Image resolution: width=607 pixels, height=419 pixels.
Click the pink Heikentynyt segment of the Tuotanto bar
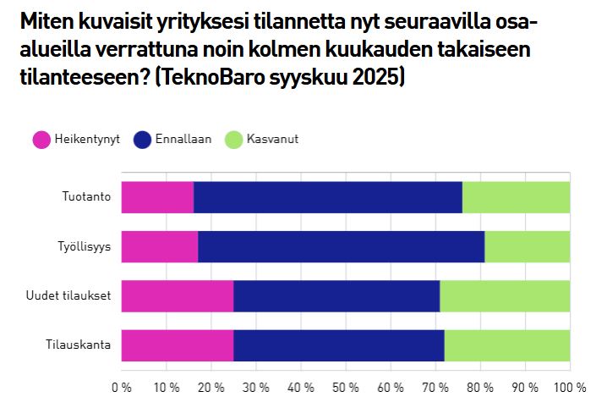(157, 197)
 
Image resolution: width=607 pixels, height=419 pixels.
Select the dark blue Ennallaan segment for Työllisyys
(341, 246)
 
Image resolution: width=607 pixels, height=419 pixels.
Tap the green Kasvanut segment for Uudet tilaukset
(505, 296)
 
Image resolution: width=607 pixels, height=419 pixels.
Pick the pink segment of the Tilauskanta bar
(177, 345)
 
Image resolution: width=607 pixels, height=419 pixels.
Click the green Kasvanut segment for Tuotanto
(516, 197)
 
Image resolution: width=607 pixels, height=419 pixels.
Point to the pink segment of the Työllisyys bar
(159, 246)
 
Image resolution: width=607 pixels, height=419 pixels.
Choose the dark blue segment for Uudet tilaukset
(336, 296)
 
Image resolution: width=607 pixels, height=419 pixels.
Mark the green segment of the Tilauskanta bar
(507, 345)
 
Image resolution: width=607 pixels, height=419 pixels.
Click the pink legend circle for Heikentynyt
(41, 140)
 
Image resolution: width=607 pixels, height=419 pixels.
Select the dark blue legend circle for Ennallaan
(140, 140)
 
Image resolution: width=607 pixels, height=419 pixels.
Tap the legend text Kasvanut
(273, 140)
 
